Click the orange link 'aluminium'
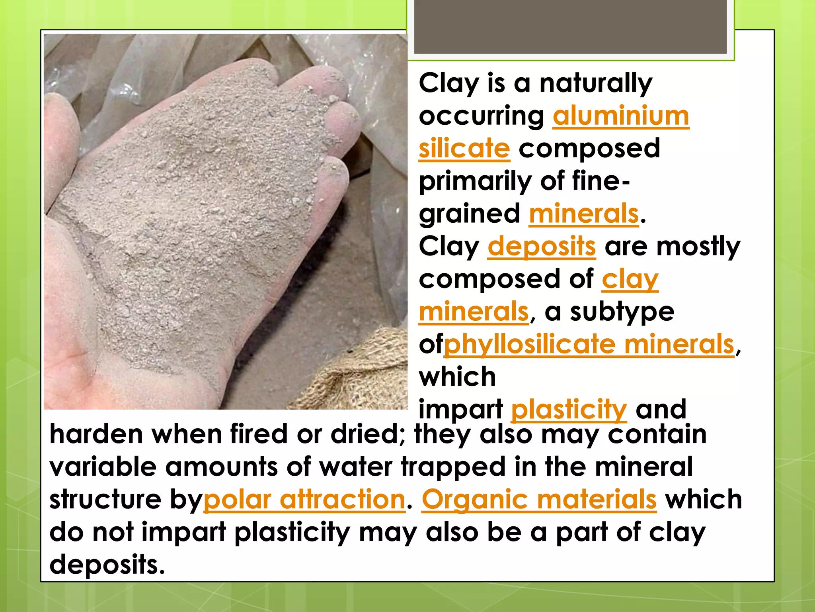(x=620, y=116)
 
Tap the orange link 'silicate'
(x=464, y=149)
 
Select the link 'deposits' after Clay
(x=542, y=247)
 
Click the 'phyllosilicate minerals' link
(x=589, y=344)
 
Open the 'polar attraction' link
(x=304, y=499)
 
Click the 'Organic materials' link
(x=539, y=499)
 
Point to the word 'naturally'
(x=596, y=83)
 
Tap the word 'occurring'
(x=482, y=116)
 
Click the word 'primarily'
(x=475, y=181)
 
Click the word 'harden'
(x=96, y=434)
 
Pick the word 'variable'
(x=103, y=467)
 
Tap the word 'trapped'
(x=453, y=467)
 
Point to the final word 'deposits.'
(x=107, y=565)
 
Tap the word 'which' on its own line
(x=457, y=377)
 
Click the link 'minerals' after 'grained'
(x=584, y=214)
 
